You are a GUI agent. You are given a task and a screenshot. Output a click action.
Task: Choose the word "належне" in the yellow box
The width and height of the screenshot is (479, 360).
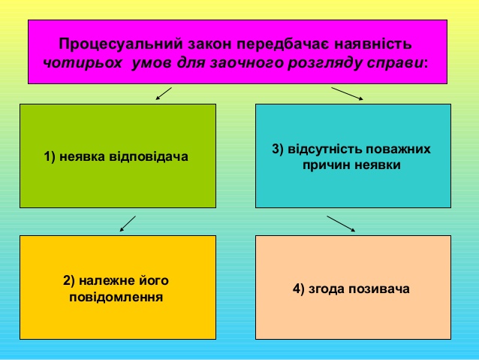coord(106,281)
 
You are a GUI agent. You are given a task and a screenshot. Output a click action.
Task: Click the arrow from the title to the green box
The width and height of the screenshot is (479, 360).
coord(164,94)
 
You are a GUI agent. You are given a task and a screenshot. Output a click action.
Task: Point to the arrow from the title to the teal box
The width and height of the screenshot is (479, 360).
coord(348,93)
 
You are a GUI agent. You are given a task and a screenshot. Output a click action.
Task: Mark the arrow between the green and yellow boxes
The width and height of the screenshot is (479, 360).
coord(128,223)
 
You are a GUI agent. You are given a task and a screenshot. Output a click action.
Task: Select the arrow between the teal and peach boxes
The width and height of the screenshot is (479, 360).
coord(341,223)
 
